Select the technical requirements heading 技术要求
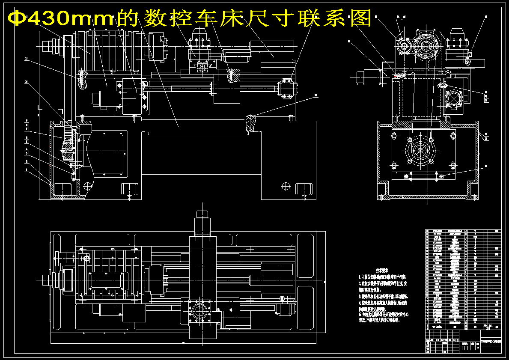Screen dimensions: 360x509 [382, 271]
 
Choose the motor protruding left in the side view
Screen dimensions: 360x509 [368, 78]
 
